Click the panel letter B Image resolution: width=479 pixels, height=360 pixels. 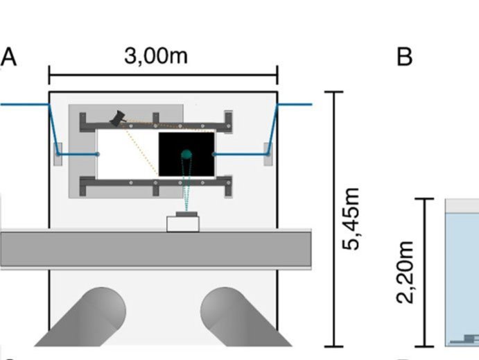coord(404,57)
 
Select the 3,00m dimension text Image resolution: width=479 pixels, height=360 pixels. coord(155,55)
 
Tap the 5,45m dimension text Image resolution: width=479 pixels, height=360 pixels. coord(354,218)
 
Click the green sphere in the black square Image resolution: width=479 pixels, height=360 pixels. coord(186,154)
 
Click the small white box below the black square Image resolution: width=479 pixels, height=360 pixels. coord(184,223)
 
